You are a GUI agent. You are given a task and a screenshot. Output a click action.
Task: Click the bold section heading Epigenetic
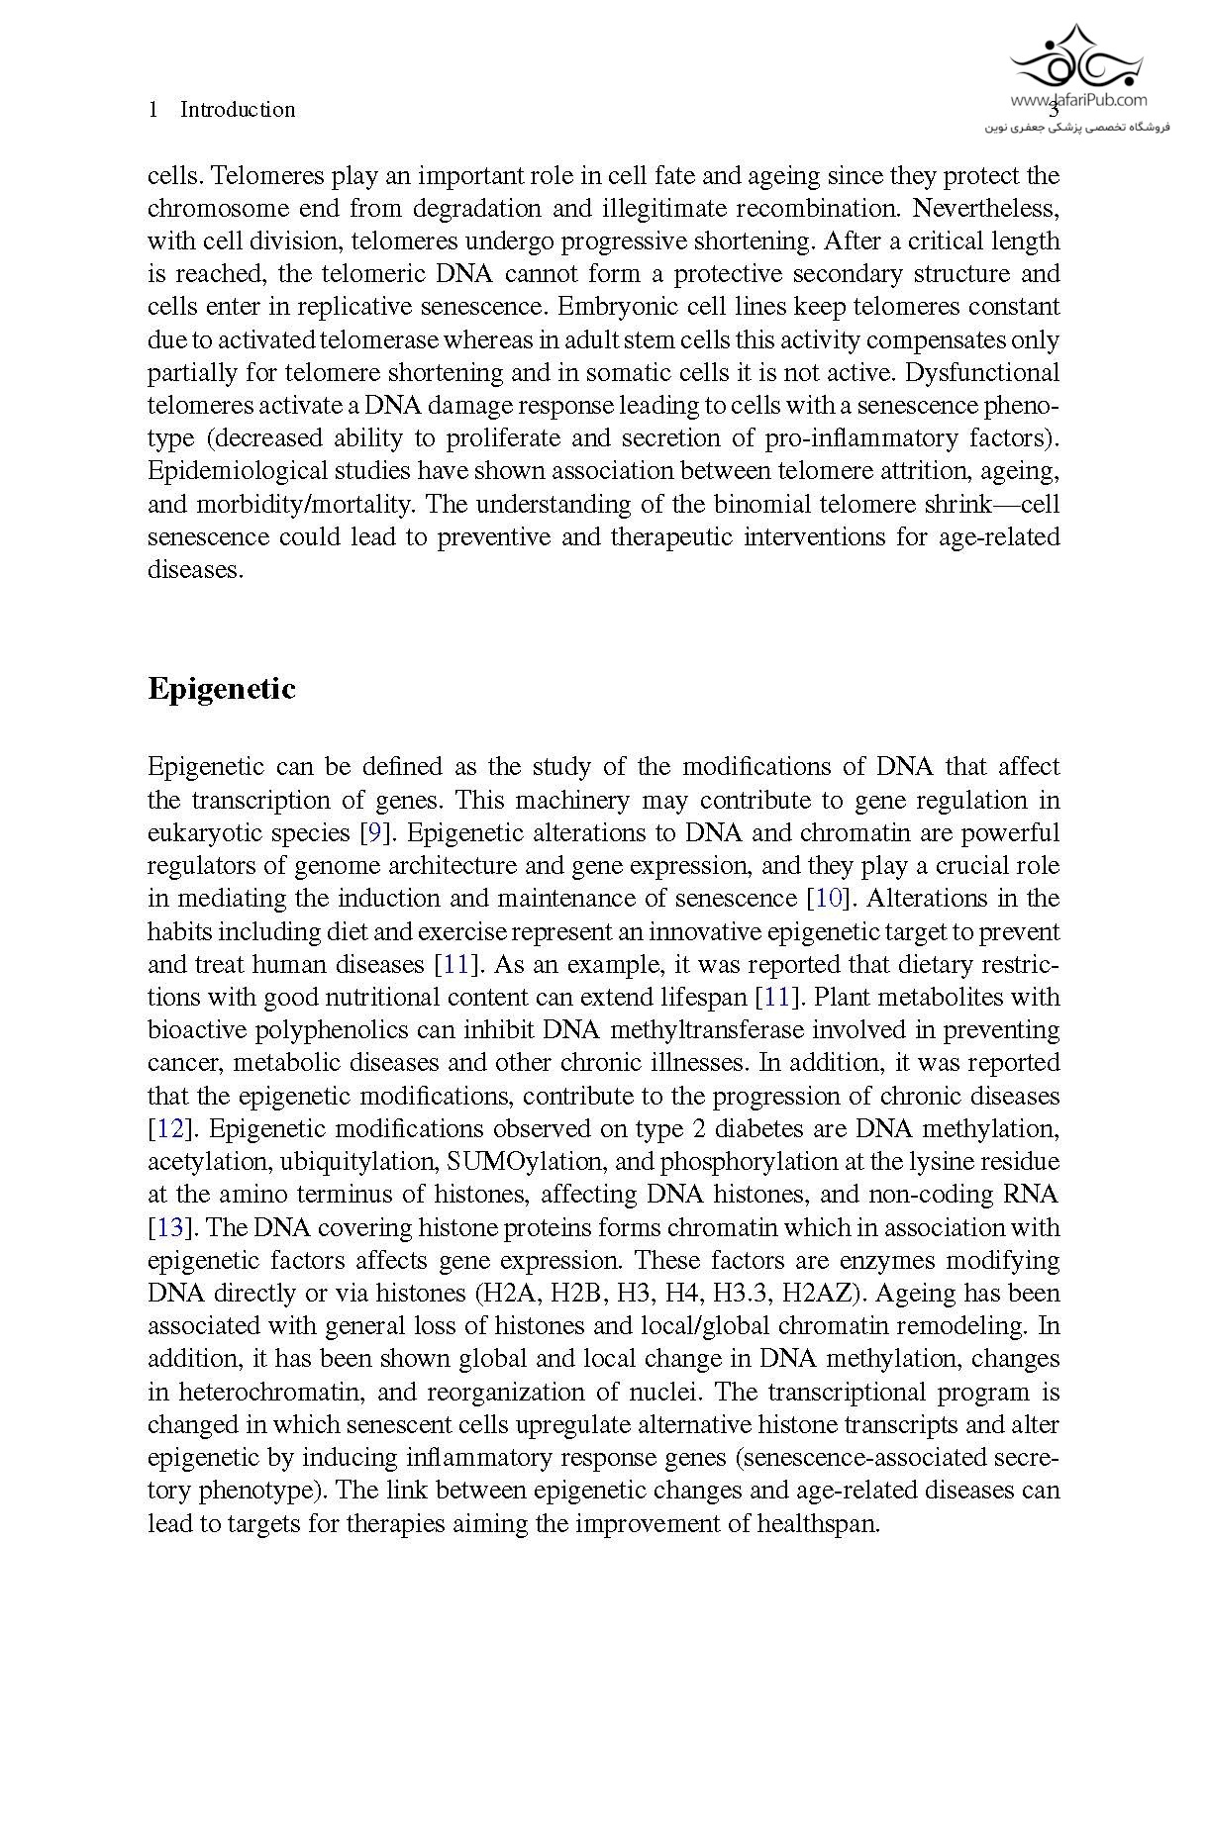tap(221, 689)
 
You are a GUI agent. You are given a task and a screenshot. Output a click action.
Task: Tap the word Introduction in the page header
tap(238, 110)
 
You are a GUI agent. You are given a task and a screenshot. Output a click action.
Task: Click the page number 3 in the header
tap(1054, 110)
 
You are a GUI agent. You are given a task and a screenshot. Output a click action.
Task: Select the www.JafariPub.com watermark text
tap(1079, 99)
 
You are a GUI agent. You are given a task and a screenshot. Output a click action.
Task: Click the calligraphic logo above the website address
tap(1075, 57)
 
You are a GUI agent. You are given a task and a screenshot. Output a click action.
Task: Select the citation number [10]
tap(828, 899)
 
